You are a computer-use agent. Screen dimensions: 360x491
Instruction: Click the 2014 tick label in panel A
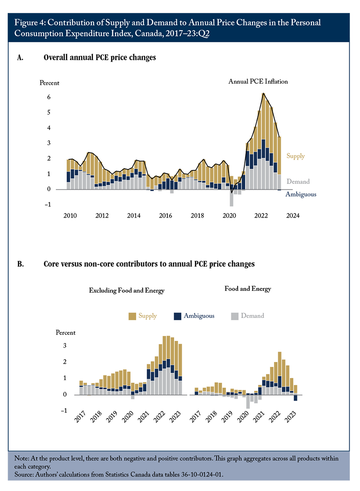click(134, 215)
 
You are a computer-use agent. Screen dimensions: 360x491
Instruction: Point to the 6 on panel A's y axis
click(49, 97)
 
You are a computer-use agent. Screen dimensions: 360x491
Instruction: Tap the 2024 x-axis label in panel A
click(292, 215)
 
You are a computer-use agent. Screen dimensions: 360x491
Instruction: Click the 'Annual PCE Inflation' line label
click(258, 81)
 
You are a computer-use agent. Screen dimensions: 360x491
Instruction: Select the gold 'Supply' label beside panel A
click(296, 156)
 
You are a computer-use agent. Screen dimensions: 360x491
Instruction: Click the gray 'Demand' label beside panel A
click(298, 181)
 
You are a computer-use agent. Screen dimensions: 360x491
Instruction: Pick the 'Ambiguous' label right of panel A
click(301, 194)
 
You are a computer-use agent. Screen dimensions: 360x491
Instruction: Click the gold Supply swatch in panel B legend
click(132, 316)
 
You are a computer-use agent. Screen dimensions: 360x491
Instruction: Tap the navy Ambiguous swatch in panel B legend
click(178, 316)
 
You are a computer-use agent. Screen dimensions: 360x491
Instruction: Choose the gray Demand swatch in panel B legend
click(234, 316)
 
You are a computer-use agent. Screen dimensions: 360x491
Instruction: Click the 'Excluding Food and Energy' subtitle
click(126, 290)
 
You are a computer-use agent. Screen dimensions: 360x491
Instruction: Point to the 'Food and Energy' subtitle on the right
click(247, 289)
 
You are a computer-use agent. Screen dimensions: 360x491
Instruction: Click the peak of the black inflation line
click(264, 93)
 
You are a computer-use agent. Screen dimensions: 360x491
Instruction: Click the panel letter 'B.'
click(20, 264)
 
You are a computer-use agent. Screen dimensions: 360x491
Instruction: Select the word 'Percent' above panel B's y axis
click(66, 333)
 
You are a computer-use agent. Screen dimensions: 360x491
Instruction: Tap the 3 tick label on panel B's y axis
click(65, 346)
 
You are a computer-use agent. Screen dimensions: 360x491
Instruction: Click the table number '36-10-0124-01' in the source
click(202, 474)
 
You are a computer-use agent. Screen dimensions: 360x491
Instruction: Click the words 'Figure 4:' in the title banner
click(30, 22)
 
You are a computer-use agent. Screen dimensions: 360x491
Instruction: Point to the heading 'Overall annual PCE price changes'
click(99, 58)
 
